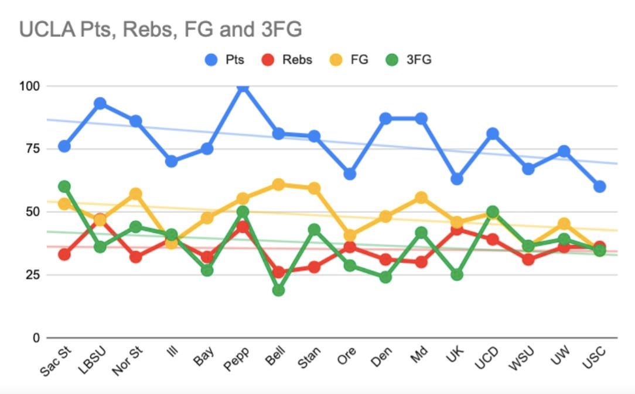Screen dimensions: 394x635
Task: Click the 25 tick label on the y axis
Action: point(32,274)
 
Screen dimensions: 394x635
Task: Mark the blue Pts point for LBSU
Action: point(100,104)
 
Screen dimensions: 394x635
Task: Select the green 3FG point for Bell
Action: point(278,290)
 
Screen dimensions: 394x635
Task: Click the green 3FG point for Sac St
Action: point(64,186)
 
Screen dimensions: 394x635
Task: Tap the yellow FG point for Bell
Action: point(278,185)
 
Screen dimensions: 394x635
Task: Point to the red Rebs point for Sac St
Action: point(64,254)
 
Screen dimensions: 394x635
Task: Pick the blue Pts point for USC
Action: point(599,186)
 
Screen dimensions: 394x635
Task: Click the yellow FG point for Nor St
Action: point(136,194)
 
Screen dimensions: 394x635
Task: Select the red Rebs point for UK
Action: point(457,229)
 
